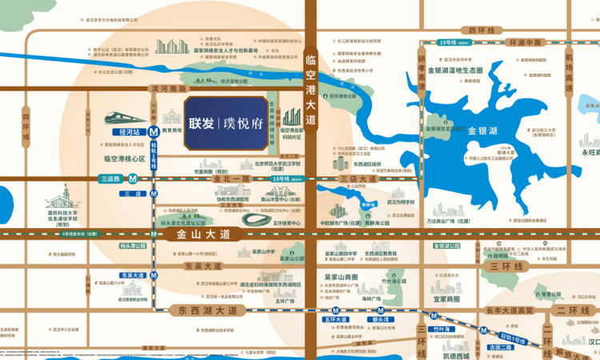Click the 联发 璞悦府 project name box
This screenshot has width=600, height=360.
(x=225, y=124)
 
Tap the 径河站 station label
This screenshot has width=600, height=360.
(x=126, y=131)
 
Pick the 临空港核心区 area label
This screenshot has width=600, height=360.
(x=125, y=159)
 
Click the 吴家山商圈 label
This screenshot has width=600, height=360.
(x=342, y=277)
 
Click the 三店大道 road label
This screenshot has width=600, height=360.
(x=358, y=179)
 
